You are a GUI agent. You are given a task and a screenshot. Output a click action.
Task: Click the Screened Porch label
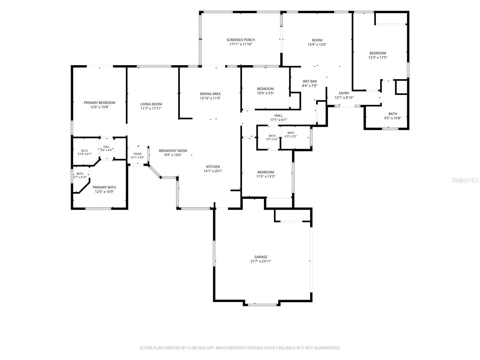click(x=241, y=40)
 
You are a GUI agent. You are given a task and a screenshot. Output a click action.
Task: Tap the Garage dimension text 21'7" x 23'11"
click(x=261, y=261)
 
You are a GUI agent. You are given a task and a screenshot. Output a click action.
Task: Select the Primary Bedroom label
click(x=99, y=103)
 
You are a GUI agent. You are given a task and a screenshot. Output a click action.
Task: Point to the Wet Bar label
click(x=310, y=81)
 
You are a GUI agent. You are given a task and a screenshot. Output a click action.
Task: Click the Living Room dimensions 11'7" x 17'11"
click(x=151, y=108)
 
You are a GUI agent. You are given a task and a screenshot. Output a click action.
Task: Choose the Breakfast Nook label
click(x=173, y=151)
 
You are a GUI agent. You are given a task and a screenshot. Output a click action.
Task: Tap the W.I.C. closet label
click(x=85, y=151)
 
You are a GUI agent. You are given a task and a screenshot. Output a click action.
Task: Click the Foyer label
click(x=137, y=154)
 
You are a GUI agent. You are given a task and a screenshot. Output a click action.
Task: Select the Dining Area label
click(x=210, y=94)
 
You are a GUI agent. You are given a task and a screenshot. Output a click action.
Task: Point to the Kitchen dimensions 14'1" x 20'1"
click(x=213, y=171)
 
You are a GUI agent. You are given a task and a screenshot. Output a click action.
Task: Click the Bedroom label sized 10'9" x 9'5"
click(x=265, y=89)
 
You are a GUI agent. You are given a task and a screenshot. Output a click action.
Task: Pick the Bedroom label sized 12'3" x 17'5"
click(x=378, y=53)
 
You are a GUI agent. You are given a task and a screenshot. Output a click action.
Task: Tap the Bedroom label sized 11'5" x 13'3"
click(x=266, y=172)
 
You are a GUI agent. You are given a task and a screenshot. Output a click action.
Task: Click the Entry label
click(x=344, y=93)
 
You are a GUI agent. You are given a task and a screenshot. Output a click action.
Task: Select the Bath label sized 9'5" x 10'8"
click(x=393, y=114)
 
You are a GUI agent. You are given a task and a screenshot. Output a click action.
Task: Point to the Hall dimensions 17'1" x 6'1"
click(x=279, y=120)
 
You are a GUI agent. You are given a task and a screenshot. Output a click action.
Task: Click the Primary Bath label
click(x=104, y=187)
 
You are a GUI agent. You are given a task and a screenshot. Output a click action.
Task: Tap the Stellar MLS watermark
click(x=465, y=180)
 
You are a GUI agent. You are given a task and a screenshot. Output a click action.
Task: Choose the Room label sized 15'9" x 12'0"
click(x=317, y=40)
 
